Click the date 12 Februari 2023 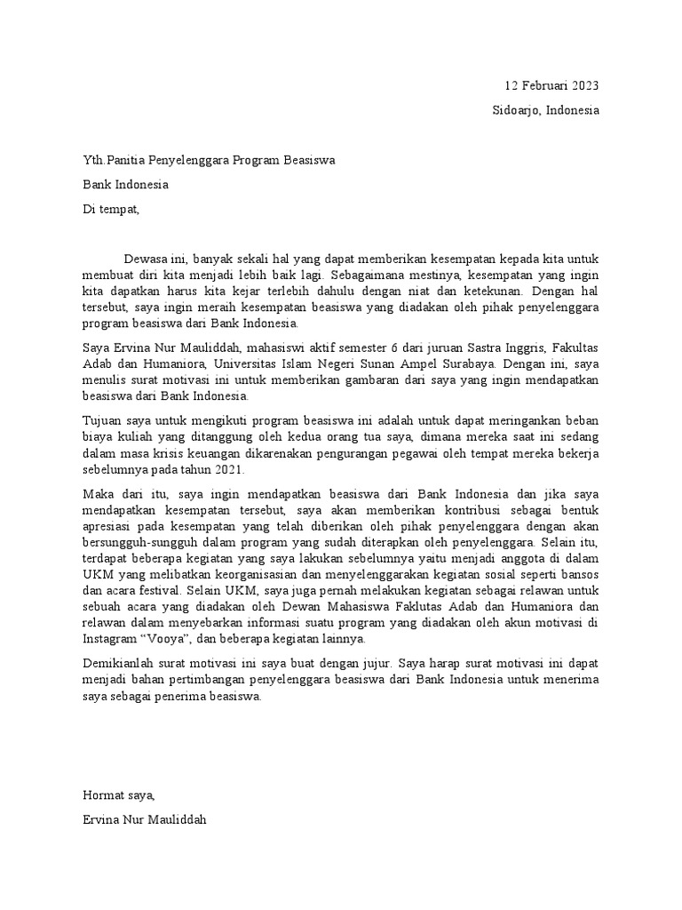pyautogui.click(x=551, y=85)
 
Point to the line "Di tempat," pyautogui.click(x=111, y=210)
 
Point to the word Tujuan pyautogui.click(x=103, y=421)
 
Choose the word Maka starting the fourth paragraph pyautogui.click(x=99, y=494)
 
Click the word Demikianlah pyautogui.click(x=122, y=665)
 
